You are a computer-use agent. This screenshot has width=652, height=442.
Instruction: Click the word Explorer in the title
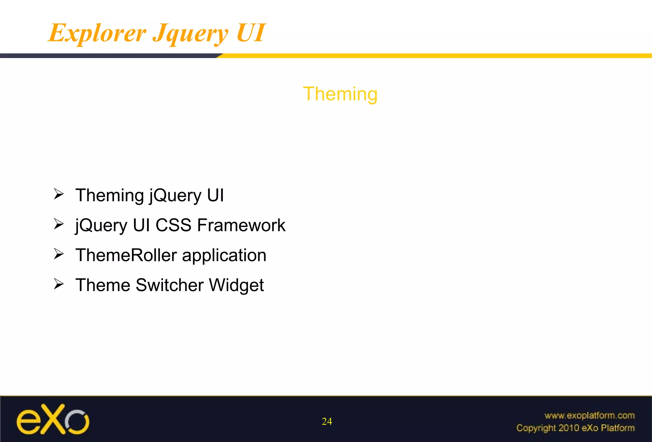coord(97,33)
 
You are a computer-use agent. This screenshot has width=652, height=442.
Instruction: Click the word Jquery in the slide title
coord(190,33)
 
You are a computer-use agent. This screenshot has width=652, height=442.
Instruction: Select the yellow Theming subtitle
coord(340,94)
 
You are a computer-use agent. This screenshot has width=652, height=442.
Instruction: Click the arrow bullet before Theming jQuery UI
coord(59,194)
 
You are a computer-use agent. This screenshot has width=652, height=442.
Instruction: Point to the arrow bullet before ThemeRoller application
coord(59,254)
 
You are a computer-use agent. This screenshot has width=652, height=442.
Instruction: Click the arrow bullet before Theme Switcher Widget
coord(59,284)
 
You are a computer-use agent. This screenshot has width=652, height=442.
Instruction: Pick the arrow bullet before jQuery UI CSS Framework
coord(59,224)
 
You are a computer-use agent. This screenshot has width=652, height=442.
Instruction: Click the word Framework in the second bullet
coord(241,225)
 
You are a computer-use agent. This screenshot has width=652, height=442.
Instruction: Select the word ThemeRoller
coord(126,255)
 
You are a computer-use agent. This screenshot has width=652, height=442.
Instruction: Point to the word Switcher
coord(169,285)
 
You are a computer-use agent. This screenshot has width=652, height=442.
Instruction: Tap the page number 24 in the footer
coord(327,421)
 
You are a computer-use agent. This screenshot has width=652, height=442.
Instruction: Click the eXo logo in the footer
coord(53,420)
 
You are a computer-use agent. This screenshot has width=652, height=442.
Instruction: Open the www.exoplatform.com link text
coord(589,415)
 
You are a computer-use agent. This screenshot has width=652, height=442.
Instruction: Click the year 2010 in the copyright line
coord(569,428)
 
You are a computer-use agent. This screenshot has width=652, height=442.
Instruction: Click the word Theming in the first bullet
coord(110,195)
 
